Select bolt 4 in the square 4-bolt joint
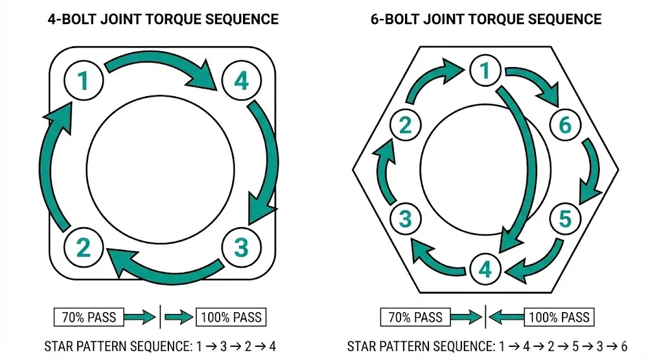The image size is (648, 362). (x=241, y=81)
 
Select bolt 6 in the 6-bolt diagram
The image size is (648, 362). (x=564, y=126)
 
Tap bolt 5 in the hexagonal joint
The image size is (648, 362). (x=564, y=219)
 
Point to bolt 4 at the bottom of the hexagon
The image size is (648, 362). (x=485, y=270)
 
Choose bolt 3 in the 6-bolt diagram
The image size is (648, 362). (x=406, y=220)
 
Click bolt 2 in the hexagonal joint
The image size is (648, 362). (x=406, y=125)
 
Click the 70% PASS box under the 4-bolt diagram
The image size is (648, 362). (x=89, y=316)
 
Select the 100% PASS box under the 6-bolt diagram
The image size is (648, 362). (x=559, y=316)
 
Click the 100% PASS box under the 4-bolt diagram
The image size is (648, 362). (x=231, y=316)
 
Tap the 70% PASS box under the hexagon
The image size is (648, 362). (x=415, y=316)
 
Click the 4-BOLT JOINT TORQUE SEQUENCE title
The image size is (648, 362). (x=163, y=19)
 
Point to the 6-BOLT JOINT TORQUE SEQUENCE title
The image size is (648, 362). (x=486, y=19)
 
